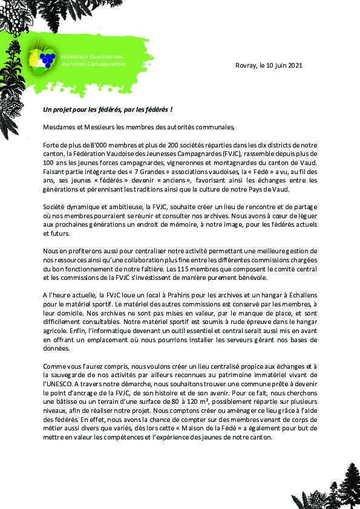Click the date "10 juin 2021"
pyautogui.click(x=283, y=65)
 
